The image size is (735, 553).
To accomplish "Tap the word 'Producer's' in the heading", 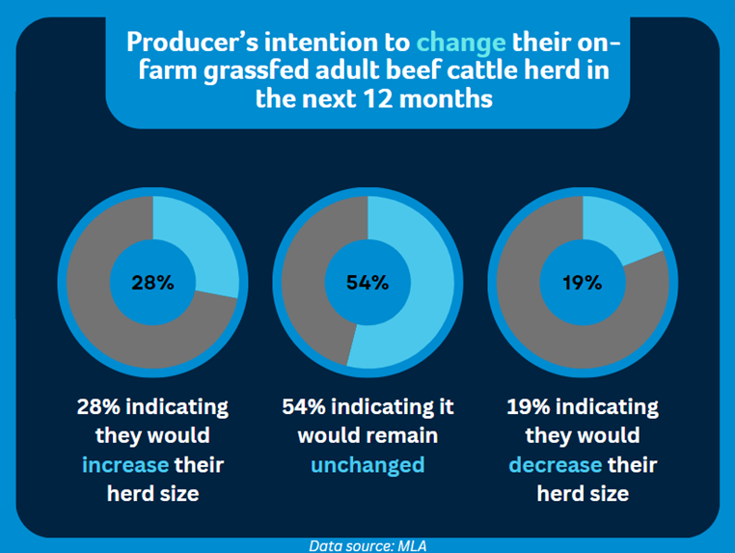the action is pyautogui.click(x=192, y=42).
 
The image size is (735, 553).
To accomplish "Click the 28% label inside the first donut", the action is pyautogui.click(x=152, y=283).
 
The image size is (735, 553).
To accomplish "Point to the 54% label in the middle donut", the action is pyautogui.click(x=367, y=283).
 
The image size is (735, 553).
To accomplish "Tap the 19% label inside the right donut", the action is pyautogui.click(x=583, y=283).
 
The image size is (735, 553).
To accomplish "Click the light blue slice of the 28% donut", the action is pyautogui.click(x=202, y=244).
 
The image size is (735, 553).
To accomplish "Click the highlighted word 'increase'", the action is pyautogui.click(x=125, y=465).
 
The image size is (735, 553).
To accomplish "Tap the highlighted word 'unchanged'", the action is pyautogui.click(x=367, y=465).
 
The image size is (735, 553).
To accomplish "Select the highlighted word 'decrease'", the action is pyautogui.click(x=556, y=465).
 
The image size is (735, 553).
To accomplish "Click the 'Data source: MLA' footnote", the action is pyautogui.click(x=367, y=546).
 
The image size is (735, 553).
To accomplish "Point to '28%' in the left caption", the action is pyautogui.click(x=98, y=406).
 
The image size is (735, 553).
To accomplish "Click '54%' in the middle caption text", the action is pyautogui.click(x=304, y=406).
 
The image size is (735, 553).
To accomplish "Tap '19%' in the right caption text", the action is pyautogui.click(x=529, y=406).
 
